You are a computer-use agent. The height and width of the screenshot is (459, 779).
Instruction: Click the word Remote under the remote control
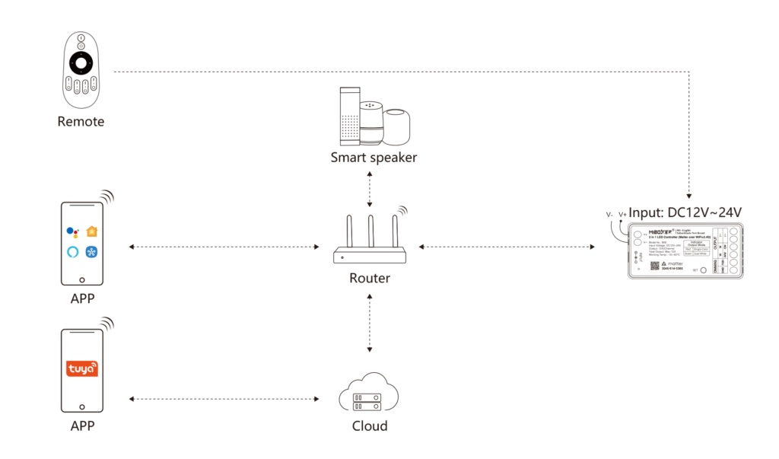[x=81, y=122]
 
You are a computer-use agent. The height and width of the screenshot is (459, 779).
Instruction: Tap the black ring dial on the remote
[x=81, y=62]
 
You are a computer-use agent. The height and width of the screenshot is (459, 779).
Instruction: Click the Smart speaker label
[x=374, y=158]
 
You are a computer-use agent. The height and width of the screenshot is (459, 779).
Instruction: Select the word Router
[x=370, y=279]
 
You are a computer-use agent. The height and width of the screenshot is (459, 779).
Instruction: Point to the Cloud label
[x=370, y=426]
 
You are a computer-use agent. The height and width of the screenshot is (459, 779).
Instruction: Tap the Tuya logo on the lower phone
[x=82, y=369]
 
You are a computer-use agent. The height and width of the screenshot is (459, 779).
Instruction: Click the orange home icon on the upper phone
[x=93, y=231]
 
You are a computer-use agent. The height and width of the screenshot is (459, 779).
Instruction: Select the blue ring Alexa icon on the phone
[x=72, y=251]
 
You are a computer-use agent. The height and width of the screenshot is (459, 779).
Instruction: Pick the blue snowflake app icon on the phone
[x=93, y=251]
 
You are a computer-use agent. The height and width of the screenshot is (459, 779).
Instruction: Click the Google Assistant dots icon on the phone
[x=72, y=231]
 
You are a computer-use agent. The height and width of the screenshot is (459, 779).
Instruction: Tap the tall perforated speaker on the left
[x=348, y=116]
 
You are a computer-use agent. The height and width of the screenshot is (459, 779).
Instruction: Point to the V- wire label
[x=609, y=215]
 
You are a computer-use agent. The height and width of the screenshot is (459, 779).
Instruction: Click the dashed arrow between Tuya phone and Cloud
[x=224, y=399]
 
